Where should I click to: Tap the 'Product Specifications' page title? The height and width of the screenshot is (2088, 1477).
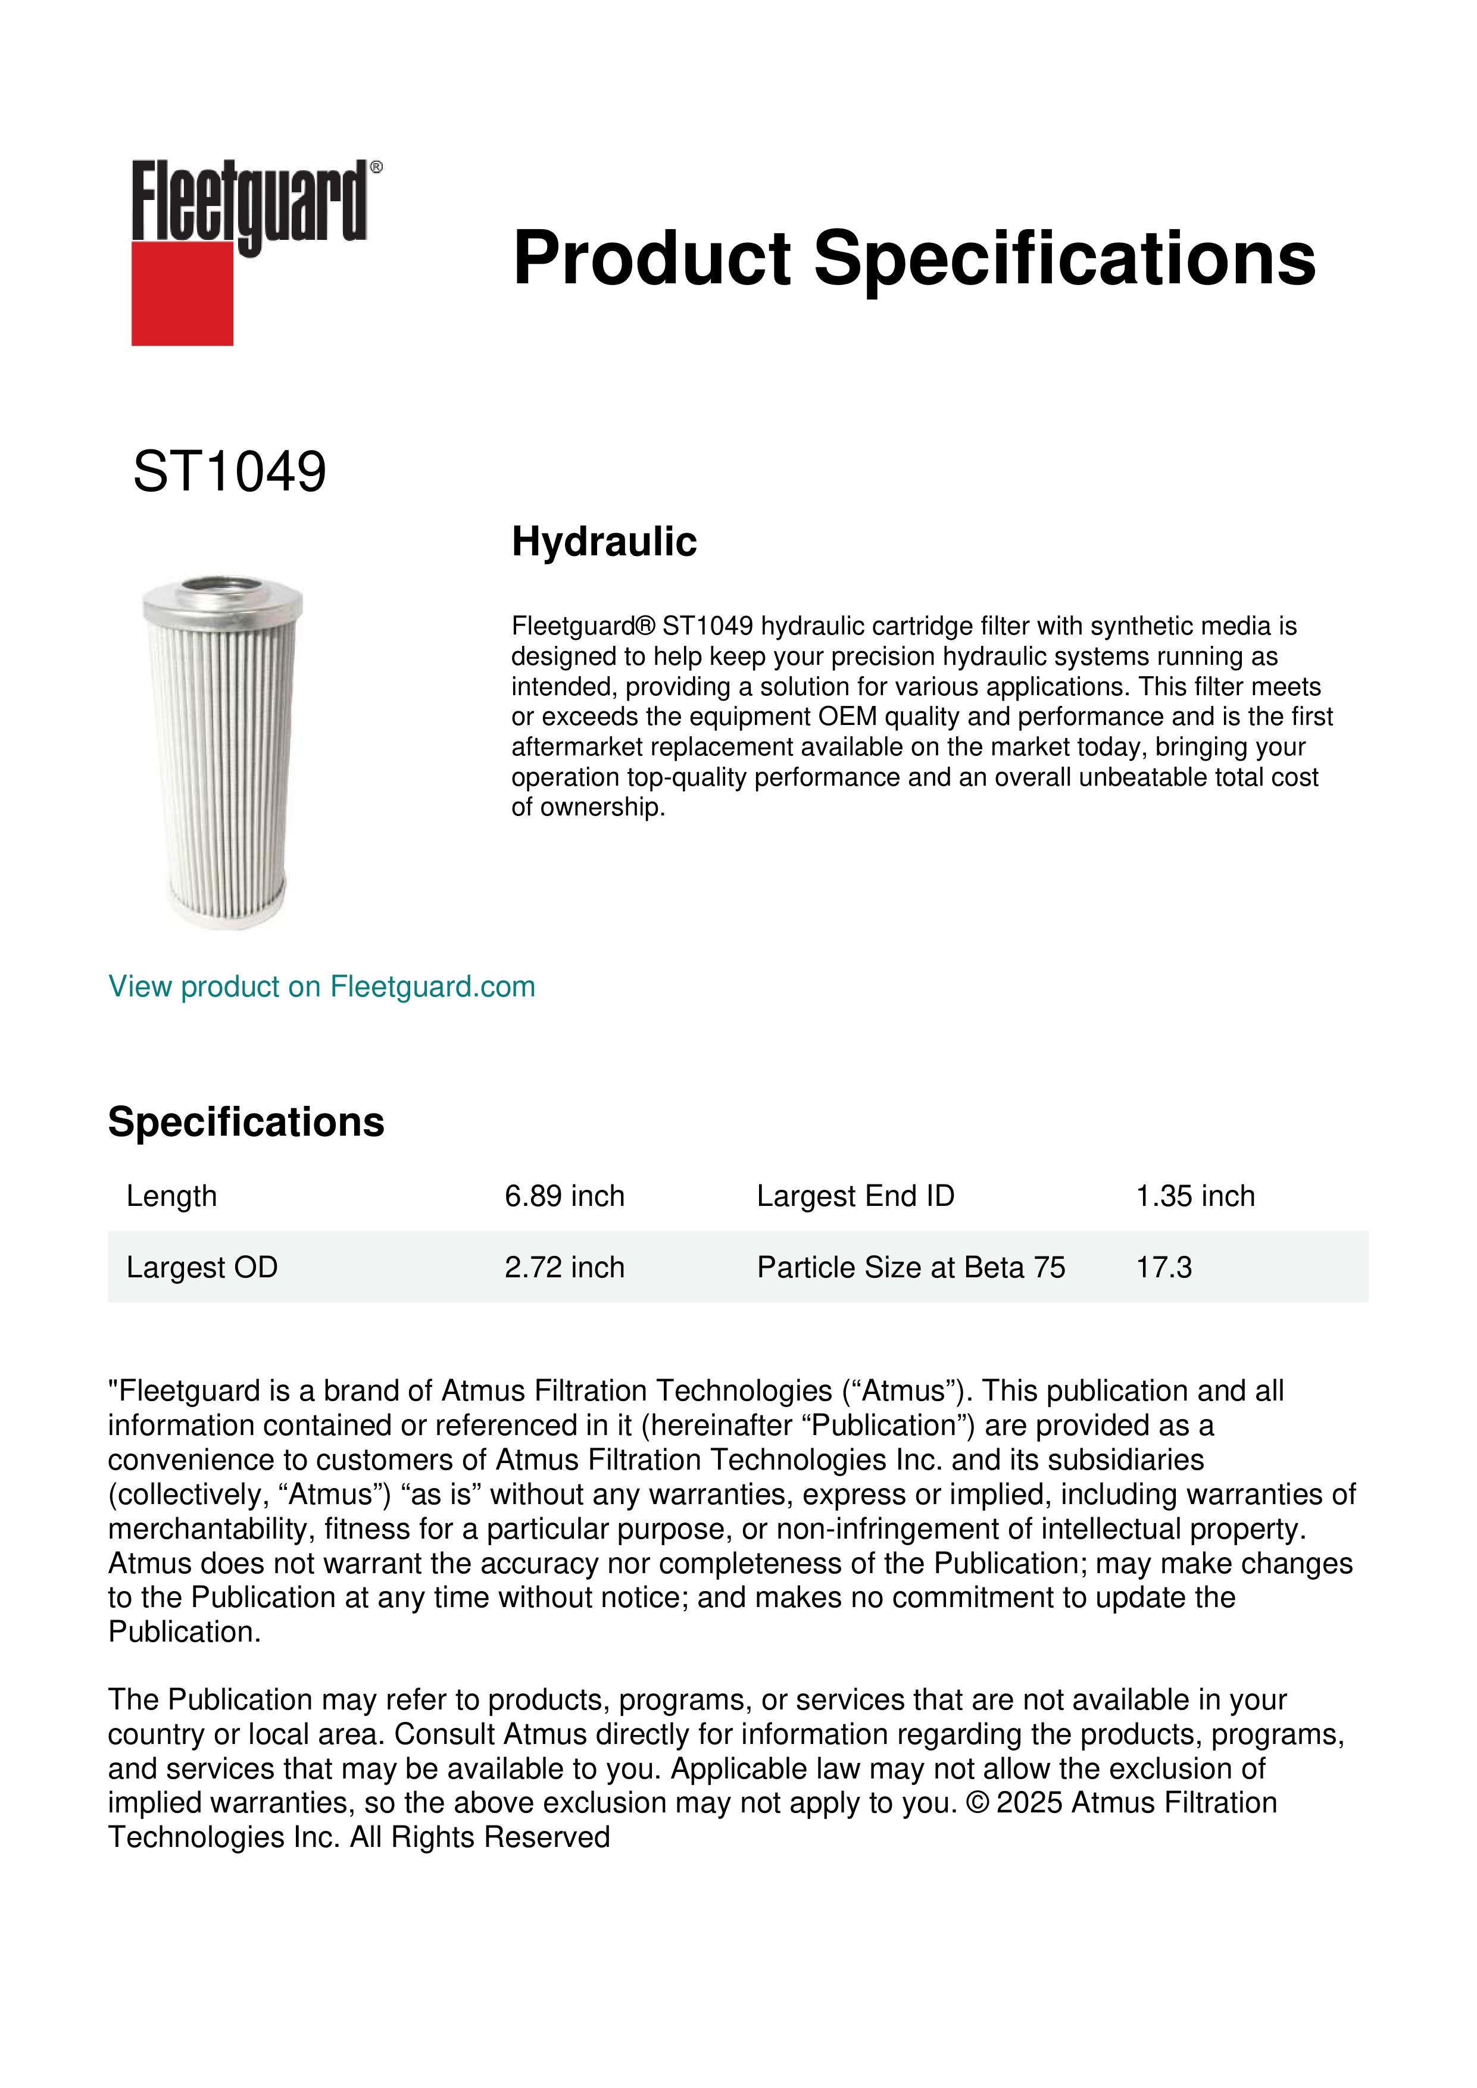click(x=914, y=258)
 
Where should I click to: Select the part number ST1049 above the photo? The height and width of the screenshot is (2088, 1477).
click(x=229, y=472)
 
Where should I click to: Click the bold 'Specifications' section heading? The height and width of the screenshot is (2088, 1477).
click(x=245, y=1122)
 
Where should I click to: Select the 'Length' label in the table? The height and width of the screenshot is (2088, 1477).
click(x=172, y=1196)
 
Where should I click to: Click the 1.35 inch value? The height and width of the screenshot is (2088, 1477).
click(x=1194, y=1196)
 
